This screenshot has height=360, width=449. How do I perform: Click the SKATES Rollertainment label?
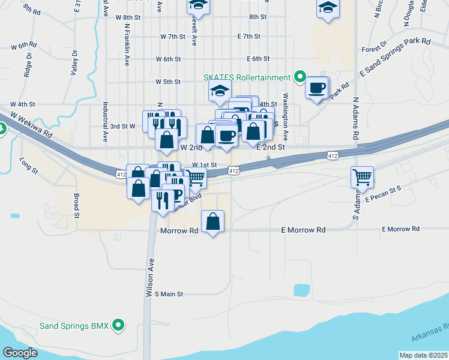(x=247, y=77)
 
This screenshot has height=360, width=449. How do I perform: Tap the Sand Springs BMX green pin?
(x=119, y=326)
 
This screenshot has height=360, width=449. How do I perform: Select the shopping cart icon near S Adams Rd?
(x=362, y=177)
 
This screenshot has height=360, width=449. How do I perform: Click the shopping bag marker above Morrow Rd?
(x=213, y=221)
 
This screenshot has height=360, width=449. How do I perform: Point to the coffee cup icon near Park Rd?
(x=316, y=88)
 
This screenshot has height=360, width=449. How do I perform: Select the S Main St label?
(x=169, y=294)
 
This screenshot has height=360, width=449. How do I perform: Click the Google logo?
(x=20, y=353)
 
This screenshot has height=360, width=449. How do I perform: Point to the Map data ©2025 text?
(x=423, y=355)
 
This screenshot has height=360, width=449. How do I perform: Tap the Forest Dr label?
(x=374, y=49)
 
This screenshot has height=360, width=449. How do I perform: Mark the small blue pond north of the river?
(x=300, y=290)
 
